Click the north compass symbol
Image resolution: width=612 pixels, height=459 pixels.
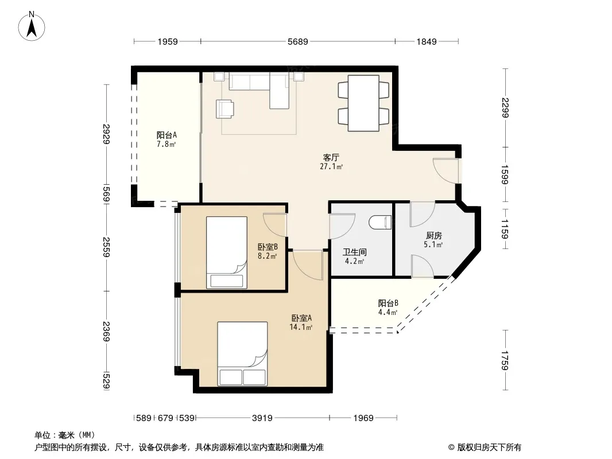pos(32,26)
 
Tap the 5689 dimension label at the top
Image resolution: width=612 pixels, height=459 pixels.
pos(298,41)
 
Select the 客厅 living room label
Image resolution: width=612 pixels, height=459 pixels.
pos(331,158)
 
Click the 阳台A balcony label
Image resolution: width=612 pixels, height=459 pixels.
pos(166,135)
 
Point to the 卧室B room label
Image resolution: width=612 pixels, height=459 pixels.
pos(268,247)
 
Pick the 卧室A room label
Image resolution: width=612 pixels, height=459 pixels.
pos(301,318)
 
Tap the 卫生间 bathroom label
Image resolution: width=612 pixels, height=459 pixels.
pos(354,252)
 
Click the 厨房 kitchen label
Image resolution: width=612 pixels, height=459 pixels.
pos(433,236)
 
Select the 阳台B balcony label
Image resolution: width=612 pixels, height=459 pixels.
pos(388,303)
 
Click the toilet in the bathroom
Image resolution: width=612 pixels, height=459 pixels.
pos(380,222)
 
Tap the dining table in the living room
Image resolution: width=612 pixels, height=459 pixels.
pos(363,103)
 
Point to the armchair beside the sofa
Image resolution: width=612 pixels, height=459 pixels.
pos(225,109)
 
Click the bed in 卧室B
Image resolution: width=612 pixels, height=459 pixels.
pos(226,252)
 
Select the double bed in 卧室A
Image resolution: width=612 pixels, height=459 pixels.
pos(242,353)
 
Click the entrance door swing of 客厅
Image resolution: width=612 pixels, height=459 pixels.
pos(446,170)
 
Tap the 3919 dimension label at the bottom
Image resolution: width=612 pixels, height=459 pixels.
pos(262,418)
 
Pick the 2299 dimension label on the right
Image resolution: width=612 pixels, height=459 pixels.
pos(505,108)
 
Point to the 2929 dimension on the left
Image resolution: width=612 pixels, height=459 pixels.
pos(107,134)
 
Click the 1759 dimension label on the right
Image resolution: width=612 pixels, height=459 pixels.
pos(505,361)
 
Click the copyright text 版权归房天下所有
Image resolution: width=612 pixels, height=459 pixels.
pos(489,448)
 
